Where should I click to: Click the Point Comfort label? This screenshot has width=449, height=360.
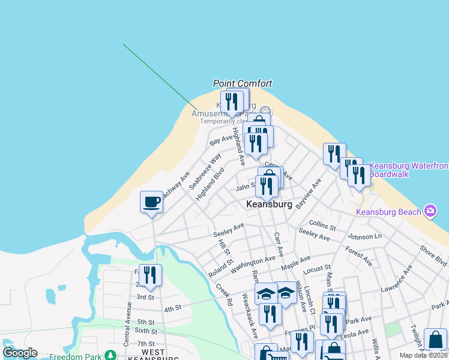pos(243,84)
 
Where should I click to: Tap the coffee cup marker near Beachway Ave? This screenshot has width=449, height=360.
pos(151,202)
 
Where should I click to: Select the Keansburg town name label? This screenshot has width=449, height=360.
pos(270,205)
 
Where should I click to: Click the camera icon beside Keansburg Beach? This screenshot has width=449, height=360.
pos(430,211)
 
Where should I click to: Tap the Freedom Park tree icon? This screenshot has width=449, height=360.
pos(110,355)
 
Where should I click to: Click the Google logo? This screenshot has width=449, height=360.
pos(20,353)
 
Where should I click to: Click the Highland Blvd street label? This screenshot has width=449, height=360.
pos(209,182)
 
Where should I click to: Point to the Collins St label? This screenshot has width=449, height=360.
pos(322,225)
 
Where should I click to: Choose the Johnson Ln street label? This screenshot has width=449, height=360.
pos(365,236)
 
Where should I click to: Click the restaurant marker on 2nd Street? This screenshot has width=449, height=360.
pos(150,275)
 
